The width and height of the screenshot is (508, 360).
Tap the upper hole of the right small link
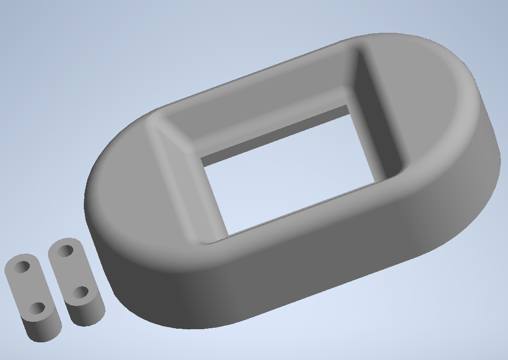(x=65, y=250)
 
